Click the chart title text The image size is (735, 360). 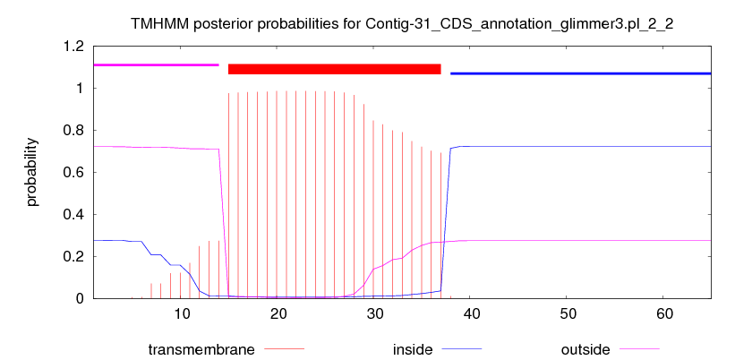click(403, 25)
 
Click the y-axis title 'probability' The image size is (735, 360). click(32, 172)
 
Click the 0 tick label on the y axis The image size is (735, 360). click(80, 298)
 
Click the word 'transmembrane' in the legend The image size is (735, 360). click(201, 349)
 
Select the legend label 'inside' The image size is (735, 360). click(413, 349)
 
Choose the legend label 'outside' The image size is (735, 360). click(585, 349)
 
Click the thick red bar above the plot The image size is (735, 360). click(334, 69)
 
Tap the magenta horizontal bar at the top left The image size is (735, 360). click(157, 64)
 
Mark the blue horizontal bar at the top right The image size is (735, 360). click(581, 73)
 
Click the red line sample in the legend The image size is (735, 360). click(284, 348)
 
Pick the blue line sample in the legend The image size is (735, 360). click(462, 348)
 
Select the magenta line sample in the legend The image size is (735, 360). click(639, 348)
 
